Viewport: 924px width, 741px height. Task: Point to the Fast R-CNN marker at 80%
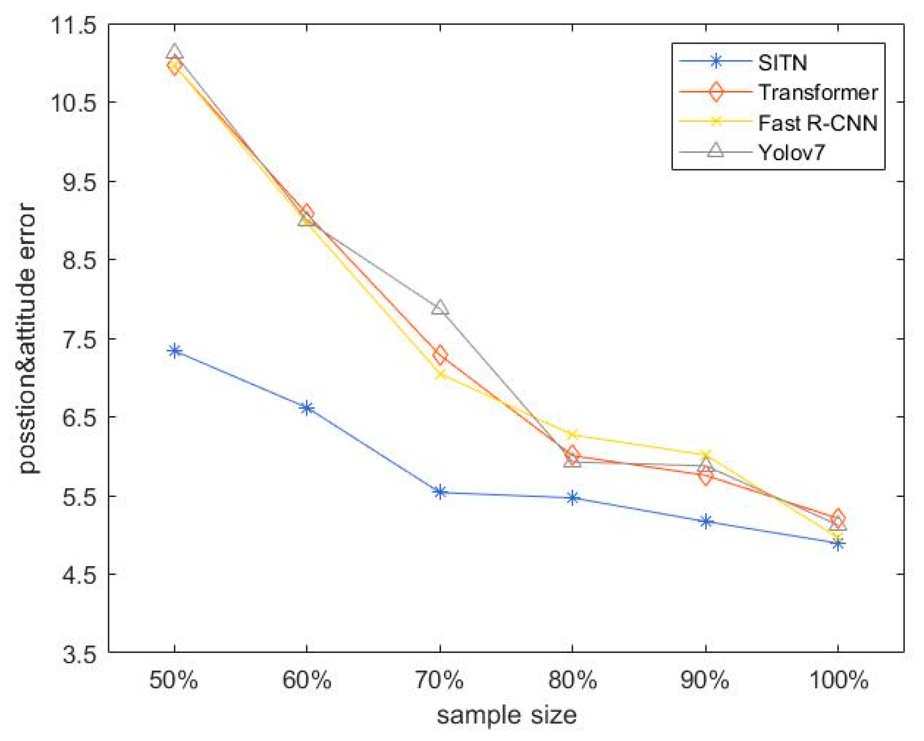[572, 434]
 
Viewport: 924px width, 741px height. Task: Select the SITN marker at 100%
[838, 544]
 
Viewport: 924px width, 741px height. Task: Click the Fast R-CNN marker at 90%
[705, 454]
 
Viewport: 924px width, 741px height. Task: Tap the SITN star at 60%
[307, 408]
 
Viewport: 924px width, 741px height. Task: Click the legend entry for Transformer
[818, 93]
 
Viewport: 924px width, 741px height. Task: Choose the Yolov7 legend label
[791, 152]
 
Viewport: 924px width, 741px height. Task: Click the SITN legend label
[783, 63]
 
